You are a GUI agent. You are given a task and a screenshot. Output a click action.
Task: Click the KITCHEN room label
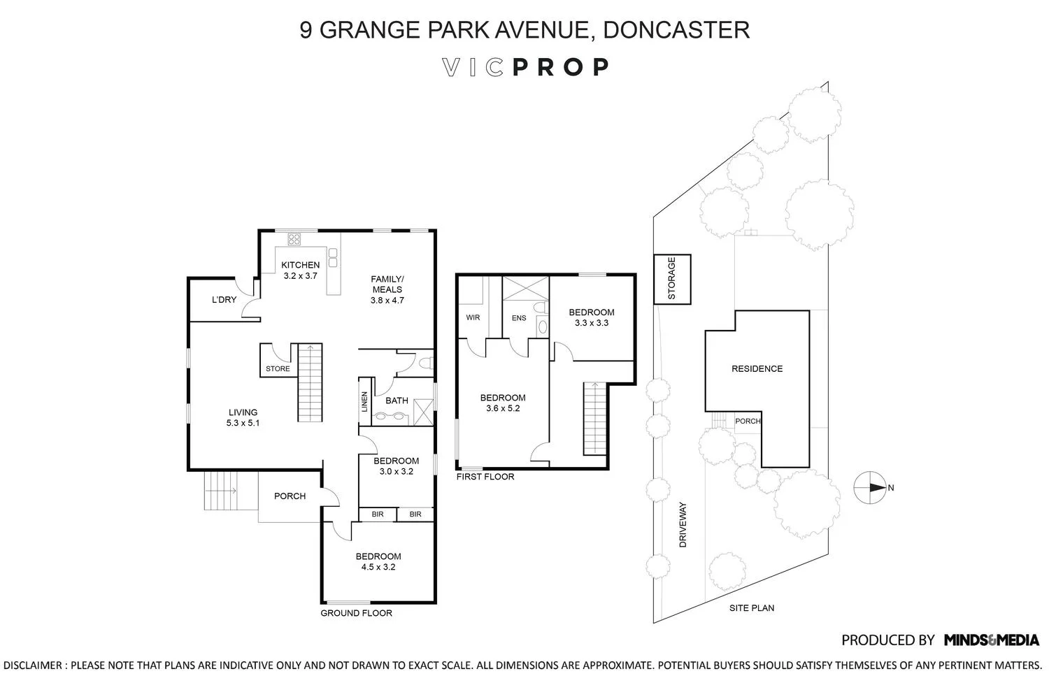[300, 265]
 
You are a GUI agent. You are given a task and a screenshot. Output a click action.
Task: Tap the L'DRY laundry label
[224, 300]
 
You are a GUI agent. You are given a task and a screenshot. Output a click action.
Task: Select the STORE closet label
[278, 369]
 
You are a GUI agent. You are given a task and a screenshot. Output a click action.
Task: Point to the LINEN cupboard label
[365, 402]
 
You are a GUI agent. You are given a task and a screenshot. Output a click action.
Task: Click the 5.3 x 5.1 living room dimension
[243, 423]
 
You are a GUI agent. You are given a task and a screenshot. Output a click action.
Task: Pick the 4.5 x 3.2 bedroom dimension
[378, 567]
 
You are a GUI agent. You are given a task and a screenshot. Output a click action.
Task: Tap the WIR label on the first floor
[473, 317]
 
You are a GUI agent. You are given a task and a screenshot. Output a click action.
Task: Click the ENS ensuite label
[519, 318]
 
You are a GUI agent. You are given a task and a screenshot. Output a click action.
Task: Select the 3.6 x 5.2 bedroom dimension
[503, 408]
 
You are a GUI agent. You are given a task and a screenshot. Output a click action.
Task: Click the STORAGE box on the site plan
[672, 279]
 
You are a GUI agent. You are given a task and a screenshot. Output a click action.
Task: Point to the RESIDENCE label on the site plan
[757, 369]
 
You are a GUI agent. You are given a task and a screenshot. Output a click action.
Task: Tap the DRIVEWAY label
[683, 525]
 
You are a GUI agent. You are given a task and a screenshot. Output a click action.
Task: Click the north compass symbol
[870, 487]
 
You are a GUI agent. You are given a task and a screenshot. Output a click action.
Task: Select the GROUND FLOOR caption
[357, 613]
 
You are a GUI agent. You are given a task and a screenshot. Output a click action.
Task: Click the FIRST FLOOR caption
[485, 477]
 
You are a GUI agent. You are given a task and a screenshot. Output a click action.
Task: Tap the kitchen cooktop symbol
[294, 239]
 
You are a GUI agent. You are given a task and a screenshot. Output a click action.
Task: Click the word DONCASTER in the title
[676, 29]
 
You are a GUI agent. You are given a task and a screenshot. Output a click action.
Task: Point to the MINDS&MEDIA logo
[992, 640]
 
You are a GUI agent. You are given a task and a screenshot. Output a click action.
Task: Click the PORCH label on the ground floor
[290, 496]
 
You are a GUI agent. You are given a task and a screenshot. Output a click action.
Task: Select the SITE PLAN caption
[752, 608]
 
